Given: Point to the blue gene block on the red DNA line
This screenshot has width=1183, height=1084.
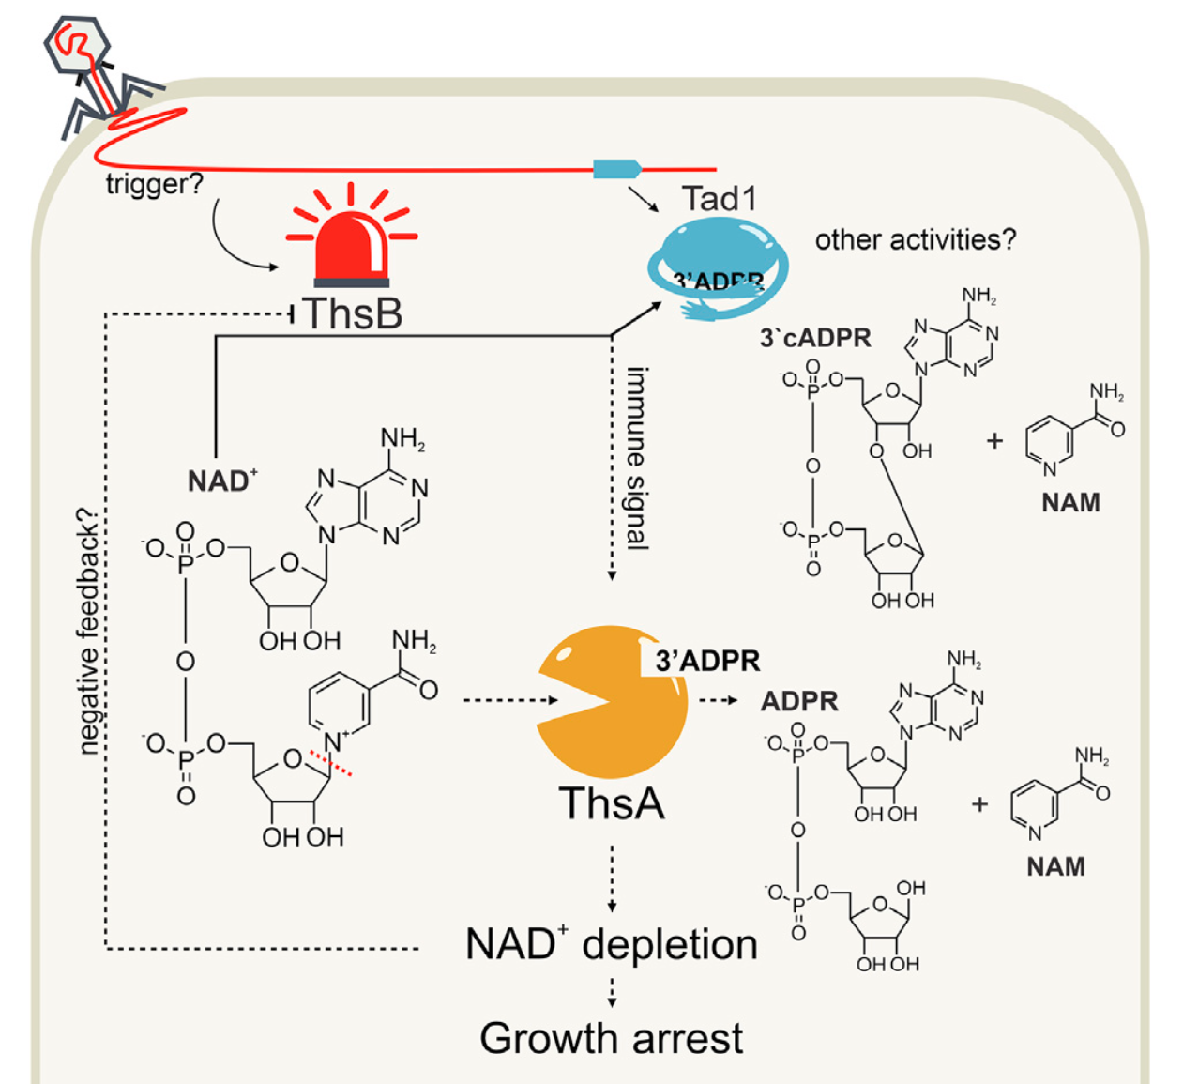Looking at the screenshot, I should tap(616, 169).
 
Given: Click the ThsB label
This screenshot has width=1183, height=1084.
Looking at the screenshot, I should tap(353, 313).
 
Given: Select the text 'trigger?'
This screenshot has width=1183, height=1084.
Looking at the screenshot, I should tap(154, 183).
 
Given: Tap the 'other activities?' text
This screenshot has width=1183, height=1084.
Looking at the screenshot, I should tap(915, 239).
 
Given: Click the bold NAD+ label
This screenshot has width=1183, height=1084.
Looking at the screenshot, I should tap(221, 481).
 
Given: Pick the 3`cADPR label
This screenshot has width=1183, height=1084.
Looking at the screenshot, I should tap(815, 338).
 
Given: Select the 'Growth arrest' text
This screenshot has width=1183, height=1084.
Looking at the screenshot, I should tap(611, 1038).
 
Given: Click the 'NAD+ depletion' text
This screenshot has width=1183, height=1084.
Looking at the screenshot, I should tap(611, 944).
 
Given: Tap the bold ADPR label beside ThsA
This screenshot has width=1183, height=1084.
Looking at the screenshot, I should tap(799, 701).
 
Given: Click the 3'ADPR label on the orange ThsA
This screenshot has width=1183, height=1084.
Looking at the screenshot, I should tap(707, 661).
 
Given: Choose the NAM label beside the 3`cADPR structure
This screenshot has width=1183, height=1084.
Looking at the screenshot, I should tap(1070, 502).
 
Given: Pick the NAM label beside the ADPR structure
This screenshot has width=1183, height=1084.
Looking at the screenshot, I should tap(1055, 865).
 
